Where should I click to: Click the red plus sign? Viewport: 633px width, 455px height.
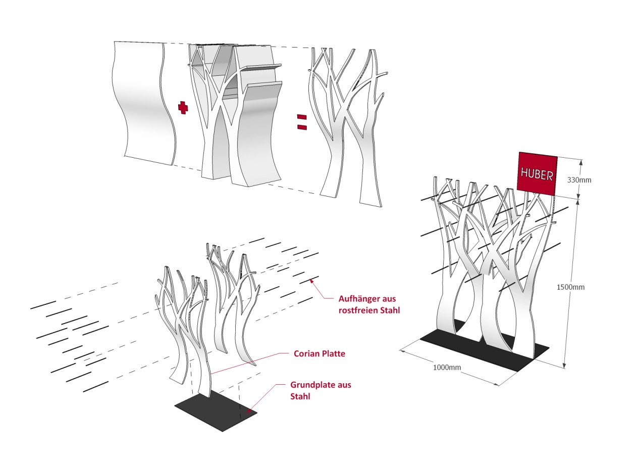(x=183, y=108)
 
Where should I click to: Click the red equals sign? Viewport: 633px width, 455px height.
(x=302, y=122)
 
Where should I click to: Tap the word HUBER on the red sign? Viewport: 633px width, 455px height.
(x=537, y=174)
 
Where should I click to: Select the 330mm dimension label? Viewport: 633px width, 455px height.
(x=579, y=180)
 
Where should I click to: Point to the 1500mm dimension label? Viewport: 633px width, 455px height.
(x=570, y=287)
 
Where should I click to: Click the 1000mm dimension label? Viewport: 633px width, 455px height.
(x=447, y=367)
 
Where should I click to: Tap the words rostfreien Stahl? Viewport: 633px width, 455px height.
(x=369, y=310)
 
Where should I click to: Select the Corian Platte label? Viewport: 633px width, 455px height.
(x=320, y=354)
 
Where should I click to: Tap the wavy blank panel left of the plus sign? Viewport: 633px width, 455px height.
(x=143, y=103)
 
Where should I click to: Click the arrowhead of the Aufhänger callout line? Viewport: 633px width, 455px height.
(x=311, y=281)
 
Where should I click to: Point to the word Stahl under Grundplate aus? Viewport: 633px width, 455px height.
(x=300, y=396)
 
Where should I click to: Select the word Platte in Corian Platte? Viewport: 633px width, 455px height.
(x=333, y=354)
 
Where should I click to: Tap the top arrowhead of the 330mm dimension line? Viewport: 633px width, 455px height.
(x=581, y=162)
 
